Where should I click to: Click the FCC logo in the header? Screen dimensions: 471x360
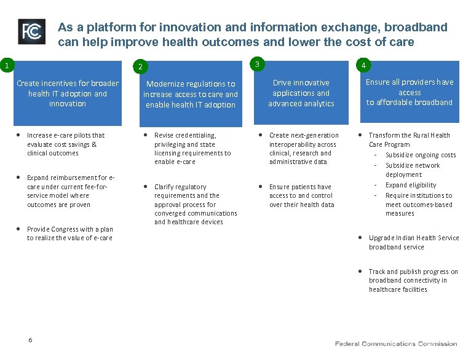click(31, 31)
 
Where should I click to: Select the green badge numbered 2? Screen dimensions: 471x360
click(140, 66)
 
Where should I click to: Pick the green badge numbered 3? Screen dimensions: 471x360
click(257, 64)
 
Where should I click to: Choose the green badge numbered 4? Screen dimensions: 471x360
click(365, 65)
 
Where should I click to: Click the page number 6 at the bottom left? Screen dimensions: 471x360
click(30, 340)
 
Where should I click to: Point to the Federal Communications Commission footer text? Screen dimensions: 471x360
click(396, 343)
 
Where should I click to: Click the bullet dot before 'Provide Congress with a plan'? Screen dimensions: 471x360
click(19, 229)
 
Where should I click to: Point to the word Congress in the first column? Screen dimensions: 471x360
click(66, 229)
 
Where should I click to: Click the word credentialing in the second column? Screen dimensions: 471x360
click(196, 135)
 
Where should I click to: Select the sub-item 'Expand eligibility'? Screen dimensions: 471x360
click(410, 185)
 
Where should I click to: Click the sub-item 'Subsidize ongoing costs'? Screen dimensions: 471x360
click(420, 155)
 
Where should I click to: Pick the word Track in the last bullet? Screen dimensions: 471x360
click(377, 272)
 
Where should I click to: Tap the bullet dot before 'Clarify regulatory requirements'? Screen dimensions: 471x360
click(146, 186)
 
